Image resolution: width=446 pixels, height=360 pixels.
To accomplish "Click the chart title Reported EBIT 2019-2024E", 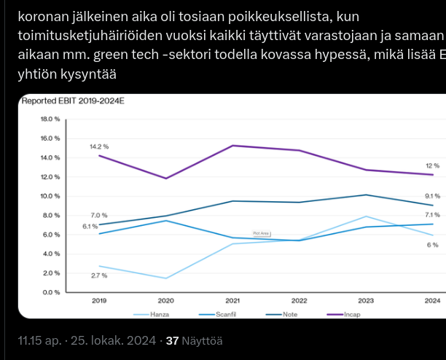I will pos(73,101).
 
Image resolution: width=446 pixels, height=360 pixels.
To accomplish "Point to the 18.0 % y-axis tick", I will pos(50,119).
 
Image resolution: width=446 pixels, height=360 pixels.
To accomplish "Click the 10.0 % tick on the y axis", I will pos(50,196).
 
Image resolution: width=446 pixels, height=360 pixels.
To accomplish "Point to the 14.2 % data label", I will pos(98,146).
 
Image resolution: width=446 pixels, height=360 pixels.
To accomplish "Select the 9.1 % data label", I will pos(432,196).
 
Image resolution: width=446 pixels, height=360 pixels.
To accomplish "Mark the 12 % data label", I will pos(432,166).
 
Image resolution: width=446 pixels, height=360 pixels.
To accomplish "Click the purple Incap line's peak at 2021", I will pos(232,146).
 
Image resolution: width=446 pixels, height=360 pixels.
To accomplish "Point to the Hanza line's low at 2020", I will pos(166,278).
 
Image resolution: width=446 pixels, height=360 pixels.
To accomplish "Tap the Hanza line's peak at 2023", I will pos(366,216).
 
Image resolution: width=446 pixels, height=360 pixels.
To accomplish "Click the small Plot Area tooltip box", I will pos(261,233).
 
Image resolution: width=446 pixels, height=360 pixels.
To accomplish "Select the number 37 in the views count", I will pos(173,340).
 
